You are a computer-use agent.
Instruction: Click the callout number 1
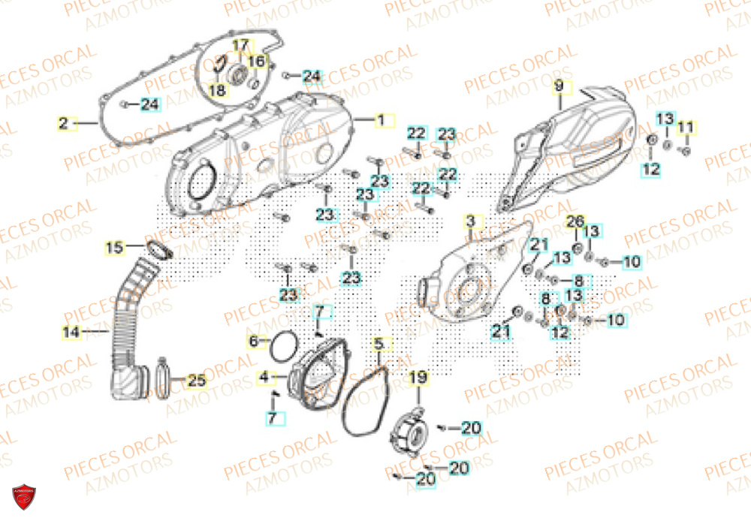coord(381,120)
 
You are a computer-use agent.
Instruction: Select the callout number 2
coord(64,122)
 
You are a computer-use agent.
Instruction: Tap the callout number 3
coord(470,222)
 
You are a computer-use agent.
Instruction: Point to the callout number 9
coord(558,87)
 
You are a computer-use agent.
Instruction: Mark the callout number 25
coord(195,381)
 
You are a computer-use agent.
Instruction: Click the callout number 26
coord(575,222)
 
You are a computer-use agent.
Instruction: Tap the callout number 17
coord(239,45)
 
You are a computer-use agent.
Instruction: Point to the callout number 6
coord(255,342)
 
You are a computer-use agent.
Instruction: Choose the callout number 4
coord(264,375)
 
